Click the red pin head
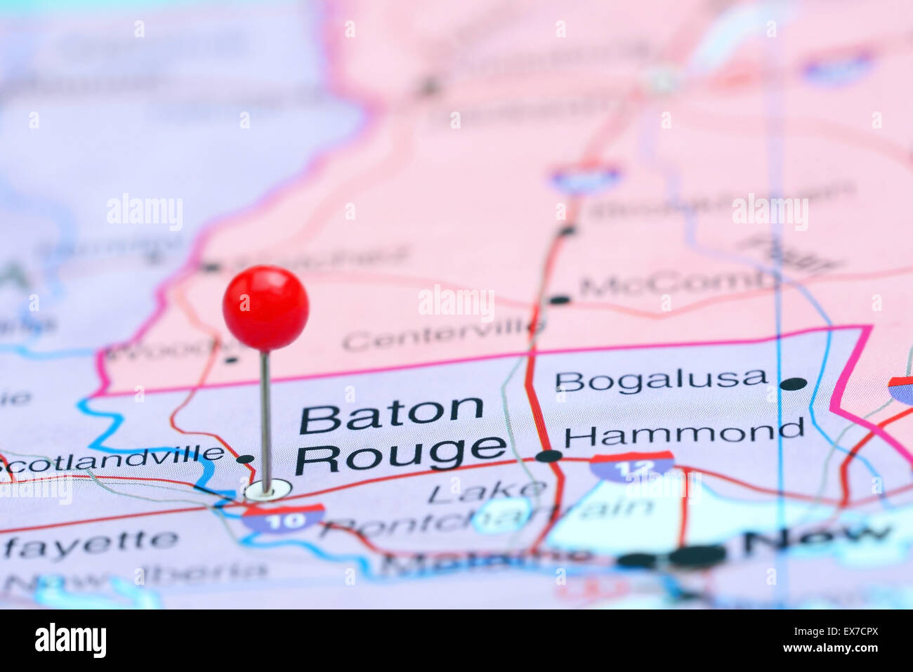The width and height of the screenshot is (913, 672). [x=265, y=308]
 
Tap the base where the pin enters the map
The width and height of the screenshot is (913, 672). [x=267, y=489]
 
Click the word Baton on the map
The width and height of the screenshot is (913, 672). [x=391, y=416]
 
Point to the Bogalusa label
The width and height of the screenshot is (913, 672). [x=661, y=380]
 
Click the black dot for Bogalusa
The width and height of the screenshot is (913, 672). [x=793, y=383]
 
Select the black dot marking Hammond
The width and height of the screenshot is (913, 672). [x=549, y=456]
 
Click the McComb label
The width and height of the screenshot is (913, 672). [x=678, y=284]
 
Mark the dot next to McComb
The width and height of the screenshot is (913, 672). [x=559, y=300]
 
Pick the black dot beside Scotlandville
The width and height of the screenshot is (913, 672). [x=245, y=459]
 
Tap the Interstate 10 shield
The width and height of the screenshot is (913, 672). [x=284, y=518]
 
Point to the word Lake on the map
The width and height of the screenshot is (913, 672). [x=487, y=492]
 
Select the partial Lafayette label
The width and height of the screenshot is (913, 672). [x=90, y=543]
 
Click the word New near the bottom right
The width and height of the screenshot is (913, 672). [x=816, y=539]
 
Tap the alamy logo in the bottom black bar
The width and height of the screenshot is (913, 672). [x=70, y=640]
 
